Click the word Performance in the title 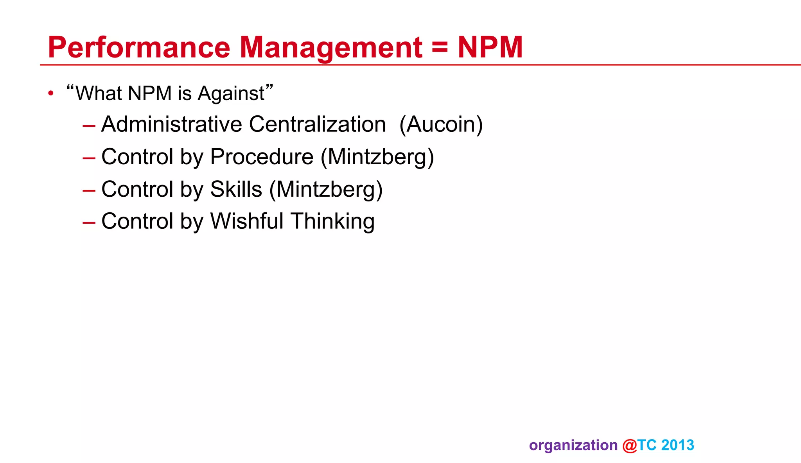pos(139,48)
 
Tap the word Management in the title pos(330,48)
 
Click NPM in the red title pos(490,48)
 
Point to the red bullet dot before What pos(50,93)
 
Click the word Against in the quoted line pos(231,94)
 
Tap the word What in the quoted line pos(99,94)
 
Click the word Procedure pos(262,157)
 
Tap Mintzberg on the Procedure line pos(377,157)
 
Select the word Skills pos(236,190)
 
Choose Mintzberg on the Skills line pos(326,190)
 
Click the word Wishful pos(247,221)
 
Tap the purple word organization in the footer pos(573,445)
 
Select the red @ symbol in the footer pos(629,445)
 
